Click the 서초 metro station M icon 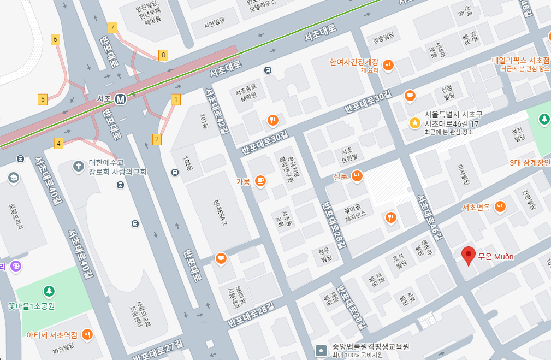tap(120, 99)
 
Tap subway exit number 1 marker tap(176, 99)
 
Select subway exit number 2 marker tap(157, 139)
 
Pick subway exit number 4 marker tap(59, 143)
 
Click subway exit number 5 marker tap(43, 99)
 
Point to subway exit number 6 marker tap(55, 39)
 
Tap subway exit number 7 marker tap(113, 27)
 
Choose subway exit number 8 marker tap(163, 55)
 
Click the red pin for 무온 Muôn tap(468, 255)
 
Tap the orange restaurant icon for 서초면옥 tap(500, 206)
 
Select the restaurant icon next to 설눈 tap(357, 175)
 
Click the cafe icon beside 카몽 tap(260, 181)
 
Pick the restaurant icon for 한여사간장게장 tap(388, 64)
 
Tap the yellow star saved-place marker tap(415, 123)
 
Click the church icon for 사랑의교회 tap(79, 166)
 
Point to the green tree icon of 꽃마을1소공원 tap(49, 291)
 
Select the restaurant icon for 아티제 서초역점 tap(87, 334)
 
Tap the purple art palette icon tap(15, 266)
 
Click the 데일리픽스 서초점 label tap(520, 60)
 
